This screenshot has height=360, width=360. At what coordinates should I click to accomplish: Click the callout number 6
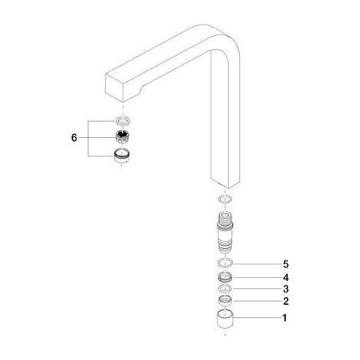(x=74, y=138)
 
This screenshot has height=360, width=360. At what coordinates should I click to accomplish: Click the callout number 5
(x=286, y=264)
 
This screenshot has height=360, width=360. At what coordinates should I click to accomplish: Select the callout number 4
(x=286, y=277)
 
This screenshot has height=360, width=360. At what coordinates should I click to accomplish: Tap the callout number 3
(x=286, y=289)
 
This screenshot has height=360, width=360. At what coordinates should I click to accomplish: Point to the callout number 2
(x=286, y=301)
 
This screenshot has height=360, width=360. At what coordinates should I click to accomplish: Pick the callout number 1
(x=284, y=318)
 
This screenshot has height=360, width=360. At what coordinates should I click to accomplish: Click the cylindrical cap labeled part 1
(x=225, y=319)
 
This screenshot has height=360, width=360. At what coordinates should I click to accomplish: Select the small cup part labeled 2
(x=225, y=301)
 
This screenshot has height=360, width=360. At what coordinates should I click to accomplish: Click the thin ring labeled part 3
(x=225, y=288)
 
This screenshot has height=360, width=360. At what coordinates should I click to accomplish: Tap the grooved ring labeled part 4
(x=225, y=277)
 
